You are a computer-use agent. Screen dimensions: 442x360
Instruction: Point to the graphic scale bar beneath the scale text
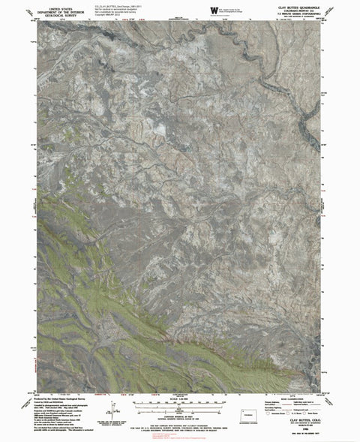pyautogui.click(x=179, y=406)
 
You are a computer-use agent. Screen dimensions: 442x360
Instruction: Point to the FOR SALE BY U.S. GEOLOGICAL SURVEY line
pyautogui.click(x=179, y=425)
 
